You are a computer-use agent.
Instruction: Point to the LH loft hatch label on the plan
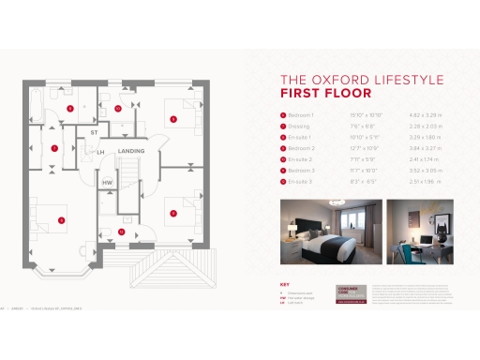click(x=100, y=151)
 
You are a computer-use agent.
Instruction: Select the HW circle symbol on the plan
click(x=108, y=182)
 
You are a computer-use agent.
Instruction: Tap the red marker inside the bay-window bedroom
click(x=61, y=220)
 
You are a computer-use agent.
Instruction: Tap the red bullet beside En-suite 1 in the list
click(x=284, y=137)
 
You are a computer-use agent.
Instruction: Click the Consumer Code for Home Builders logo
click(x=341, y=292)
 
